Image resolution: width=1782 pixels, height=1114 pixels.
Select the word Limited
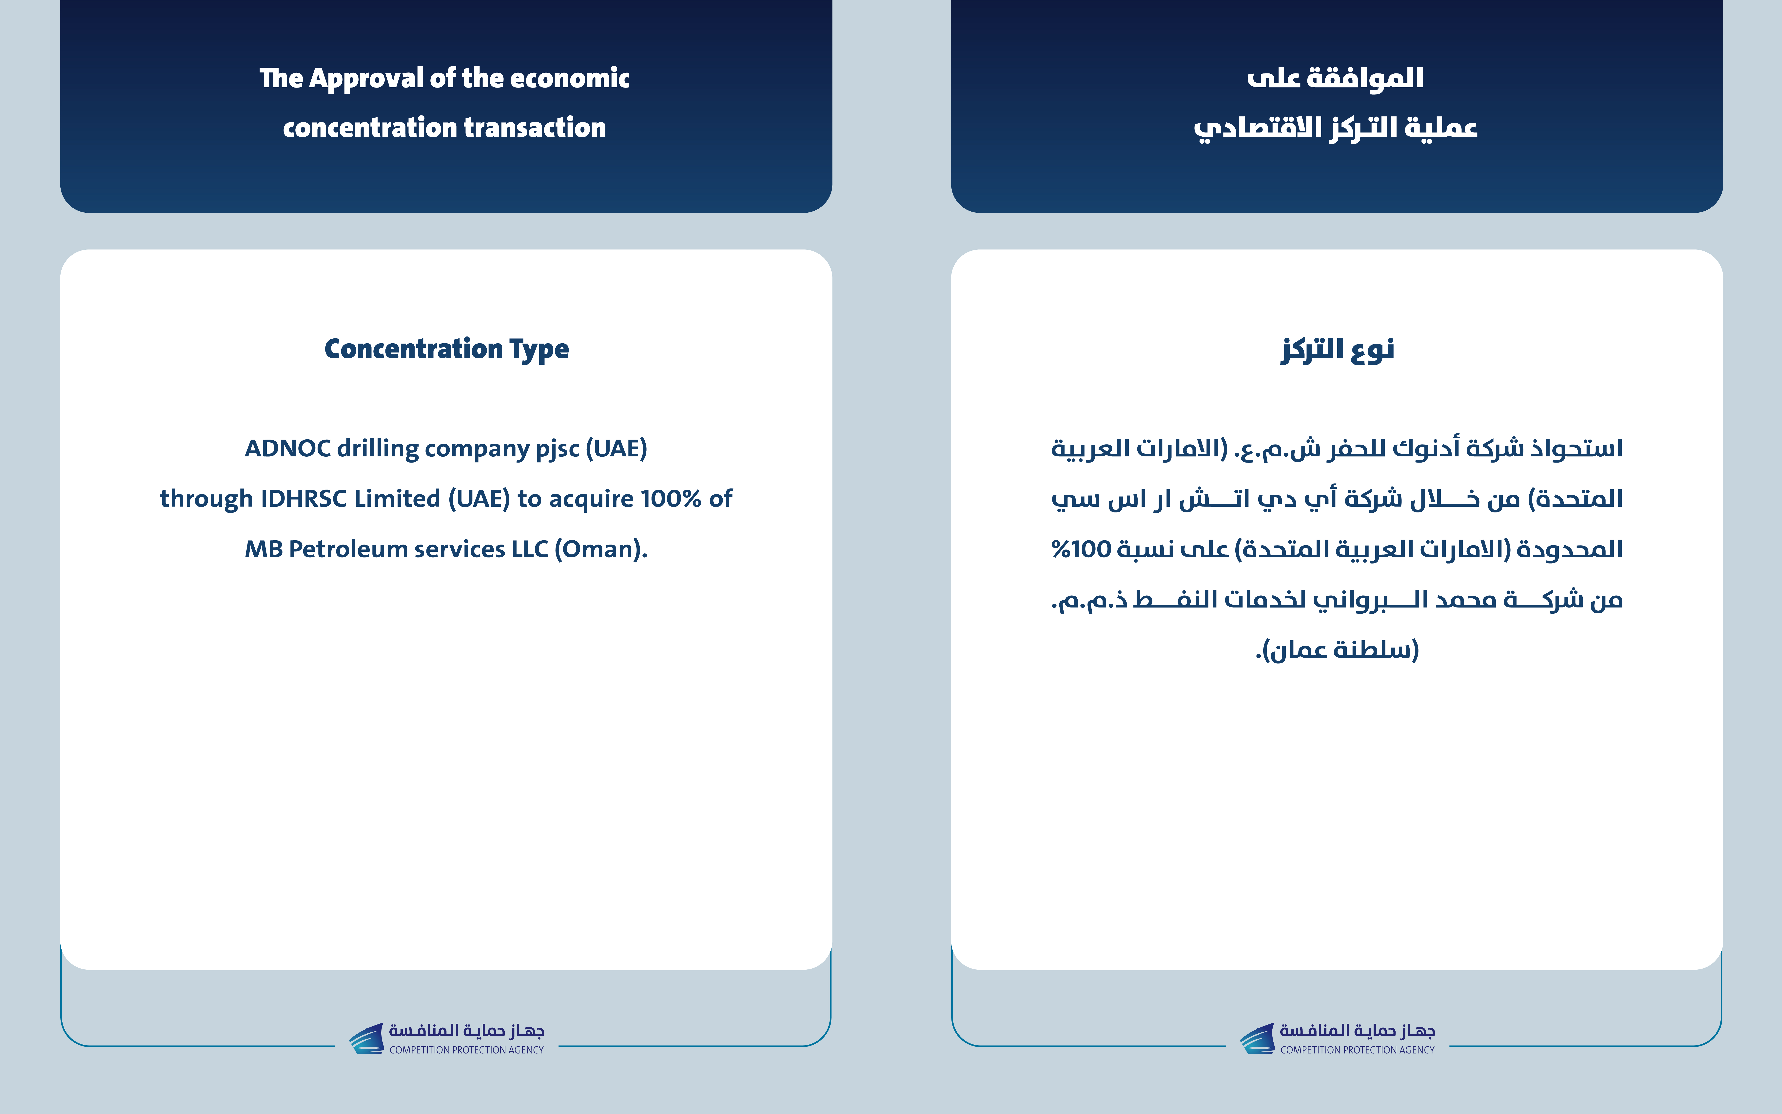tap(398, 499)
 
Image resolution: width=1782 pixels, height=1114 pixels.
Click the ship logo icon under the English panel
tap(366, 1038)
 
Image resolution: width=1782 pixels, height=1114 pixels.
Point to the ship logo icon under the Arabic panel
tap(1257, 1038)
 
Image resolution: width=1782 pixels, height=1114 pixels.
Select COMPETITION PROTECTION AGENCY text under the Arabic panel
tap(1357, 1050)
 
